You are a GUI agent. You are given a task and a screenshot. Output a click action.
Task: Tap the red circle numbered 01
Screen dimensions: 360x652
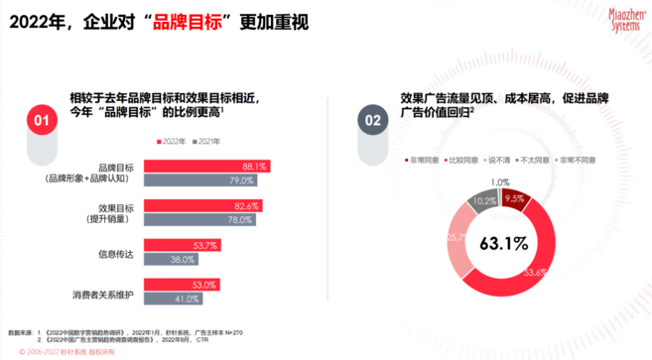coord(42,120)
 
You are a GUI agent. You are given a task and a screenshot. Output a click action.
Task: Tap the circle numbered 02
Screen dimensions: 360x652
coord(375,120)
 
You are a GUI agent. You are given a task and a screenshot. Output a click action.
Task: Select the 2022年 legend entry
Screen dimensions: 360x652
coord(173,142)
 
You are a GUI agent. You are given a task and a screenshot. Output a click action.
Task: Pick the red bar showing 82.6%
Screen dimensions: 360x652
coord(202,205)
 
